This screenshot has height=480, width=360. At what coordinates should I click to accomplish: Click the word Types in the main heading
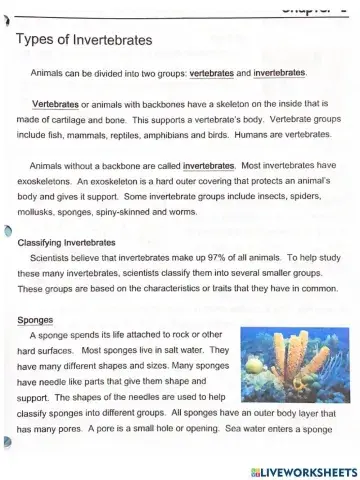37,41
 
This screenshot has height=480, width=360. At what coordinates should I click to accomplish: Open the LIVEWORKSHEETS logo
305,470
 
